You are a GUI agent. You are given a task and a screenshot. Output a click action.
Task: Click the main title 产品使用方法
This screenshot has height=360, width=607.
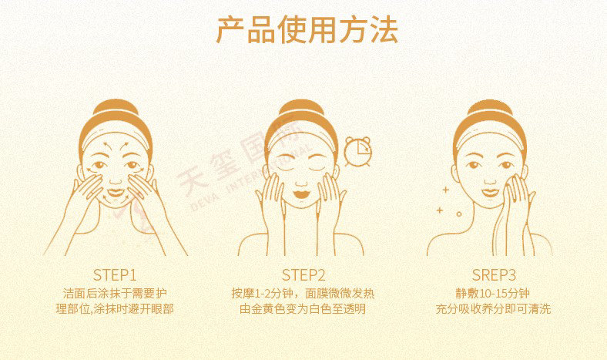pos(307,30)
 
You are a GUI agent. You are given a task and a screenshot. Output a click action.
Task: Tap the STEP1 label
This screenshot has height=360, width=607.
pos(115,275)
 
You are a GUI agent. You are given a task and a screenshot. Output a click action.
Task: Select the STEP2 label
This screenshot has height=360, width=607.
pos(303,275)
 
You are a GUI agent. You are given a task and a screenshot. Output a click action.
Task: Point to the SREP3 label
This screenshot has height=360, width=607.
pos(494,275)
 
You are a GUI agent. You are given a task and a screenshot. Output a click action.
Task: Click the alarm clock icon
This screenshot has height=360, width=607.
pos(357,152)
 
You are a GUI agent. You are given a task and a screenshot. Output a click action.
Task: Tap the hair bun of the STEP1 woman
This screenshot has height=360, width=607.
pos(116,106)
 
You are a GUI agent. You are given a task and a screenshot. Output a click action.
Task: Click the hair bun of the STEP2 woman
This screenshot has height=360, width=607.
pos(301,107)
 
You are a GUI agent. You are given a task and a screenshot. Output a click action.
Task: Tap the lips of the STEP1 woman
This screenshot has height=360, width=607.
pos(115,193)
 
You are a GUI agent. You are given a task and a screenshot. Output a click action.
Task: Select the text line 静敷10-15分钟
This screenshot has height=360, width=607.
pos(493,294)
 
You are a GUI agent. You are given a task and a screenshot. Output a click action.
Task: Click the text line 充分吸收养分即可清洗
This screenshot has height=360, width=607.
pos(493,309)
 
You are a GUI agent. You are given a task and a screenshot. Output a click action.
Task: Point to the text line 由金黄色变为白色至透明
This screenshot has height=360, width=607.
pos(303,309)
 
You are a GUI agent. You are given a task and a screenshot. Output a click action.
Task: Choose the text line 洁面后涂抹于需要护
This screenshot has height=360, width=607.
pos(115,294)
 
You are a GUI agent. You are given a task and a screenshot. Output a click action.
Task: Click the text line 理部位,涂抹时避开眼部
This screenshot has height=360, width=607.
pos(115,309)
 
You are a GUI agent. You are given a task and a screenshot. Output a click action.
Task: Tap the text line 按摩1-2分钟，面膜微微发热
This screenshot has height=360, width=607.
pos(303,294)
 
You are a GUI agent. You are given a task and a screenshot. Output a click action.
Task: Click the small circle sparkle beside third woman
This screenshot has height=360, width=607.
pos(459,214)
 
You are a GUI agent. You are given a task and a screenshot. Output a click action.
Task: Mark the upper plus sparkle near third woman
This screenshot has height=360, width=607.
pos(445,190)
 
